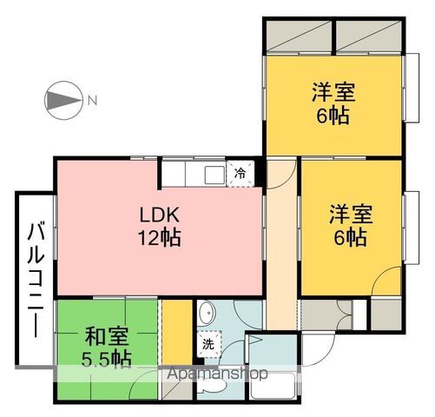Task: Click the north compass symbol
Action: coord(63,101)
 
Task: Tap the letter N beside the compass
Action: coord(92,101)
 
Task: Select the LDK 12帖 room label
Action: coord(160,227)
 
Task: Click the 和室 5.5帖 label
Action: coord(107,347)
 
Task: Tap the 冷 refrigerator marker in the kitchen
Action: coord(240,174)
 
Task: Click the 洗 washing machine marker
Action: coord(208,344)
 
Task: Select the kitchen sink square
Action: coord(214,175)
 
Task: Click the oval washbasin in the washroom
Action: coord(207,313)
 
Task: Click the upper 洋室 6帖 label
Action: coord(333,103)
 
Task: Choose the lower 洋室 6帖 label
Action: coord(351,225)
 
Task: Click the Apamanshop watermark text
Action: coord(217,374)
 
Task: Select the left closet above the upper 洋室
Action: coord(299,36)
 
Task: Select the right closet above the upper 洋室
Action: coord(369,36)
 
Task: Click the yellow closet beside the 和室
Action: coord(177,333)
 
